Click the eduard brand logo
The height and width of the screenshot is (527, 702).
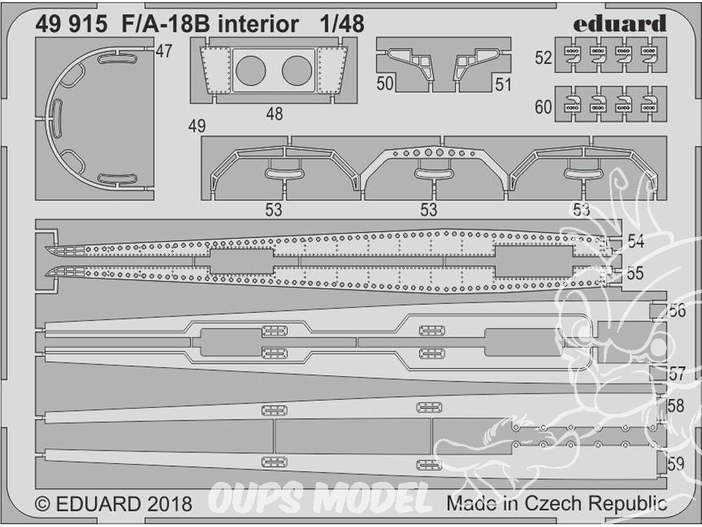pyautogui.click(x=620, y=24)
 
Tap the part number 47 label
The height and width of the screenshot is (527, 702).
pyautogui.click(x=164, y=51)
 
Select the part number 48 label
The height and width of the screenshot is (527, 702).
pyautogui.click(x=274, y=114)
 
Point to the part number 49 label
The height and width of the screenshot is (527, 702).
pyautogui.click(x=197, y=126)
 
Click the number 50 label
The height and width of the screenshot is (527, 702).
pyautogui.click(x=385, y=84)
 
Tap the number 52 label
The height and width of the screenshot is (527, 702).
pyautogui.click(x=543, y=58)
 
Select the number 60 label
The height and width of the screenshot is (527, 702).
pyautogui.click(x=543, y=107)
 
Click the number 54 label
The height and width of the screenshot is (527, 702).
pyautogui.click(x=636, y=242)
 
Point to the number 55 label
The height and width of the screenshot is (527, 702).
pyautogui.click(x=635, y=273)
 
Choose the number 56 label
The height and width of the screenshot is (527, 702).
pyautogui.click(x=677, y=310)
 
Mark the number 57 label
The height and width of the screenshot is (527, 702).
pyautogui.click(x=677, y=373)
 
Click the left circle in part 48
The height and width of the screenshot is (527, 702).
pyautogui.click(x=251, y=71)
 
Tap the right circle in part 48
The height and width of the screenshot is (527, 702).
pyautogui.click(x=297, y=71)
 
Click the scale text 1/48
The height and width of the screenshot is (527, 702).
pyautogui.click(x=342, y=24)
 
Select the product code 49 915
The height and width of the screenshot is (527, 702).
pyautogui.click(x=71, y=24)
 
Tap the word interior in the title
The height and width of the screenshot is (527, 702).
pyautogui.click(x=258, y=24)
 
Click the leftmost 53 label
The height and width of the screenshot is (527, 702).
pyautogui.click(x=274, y=209)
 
